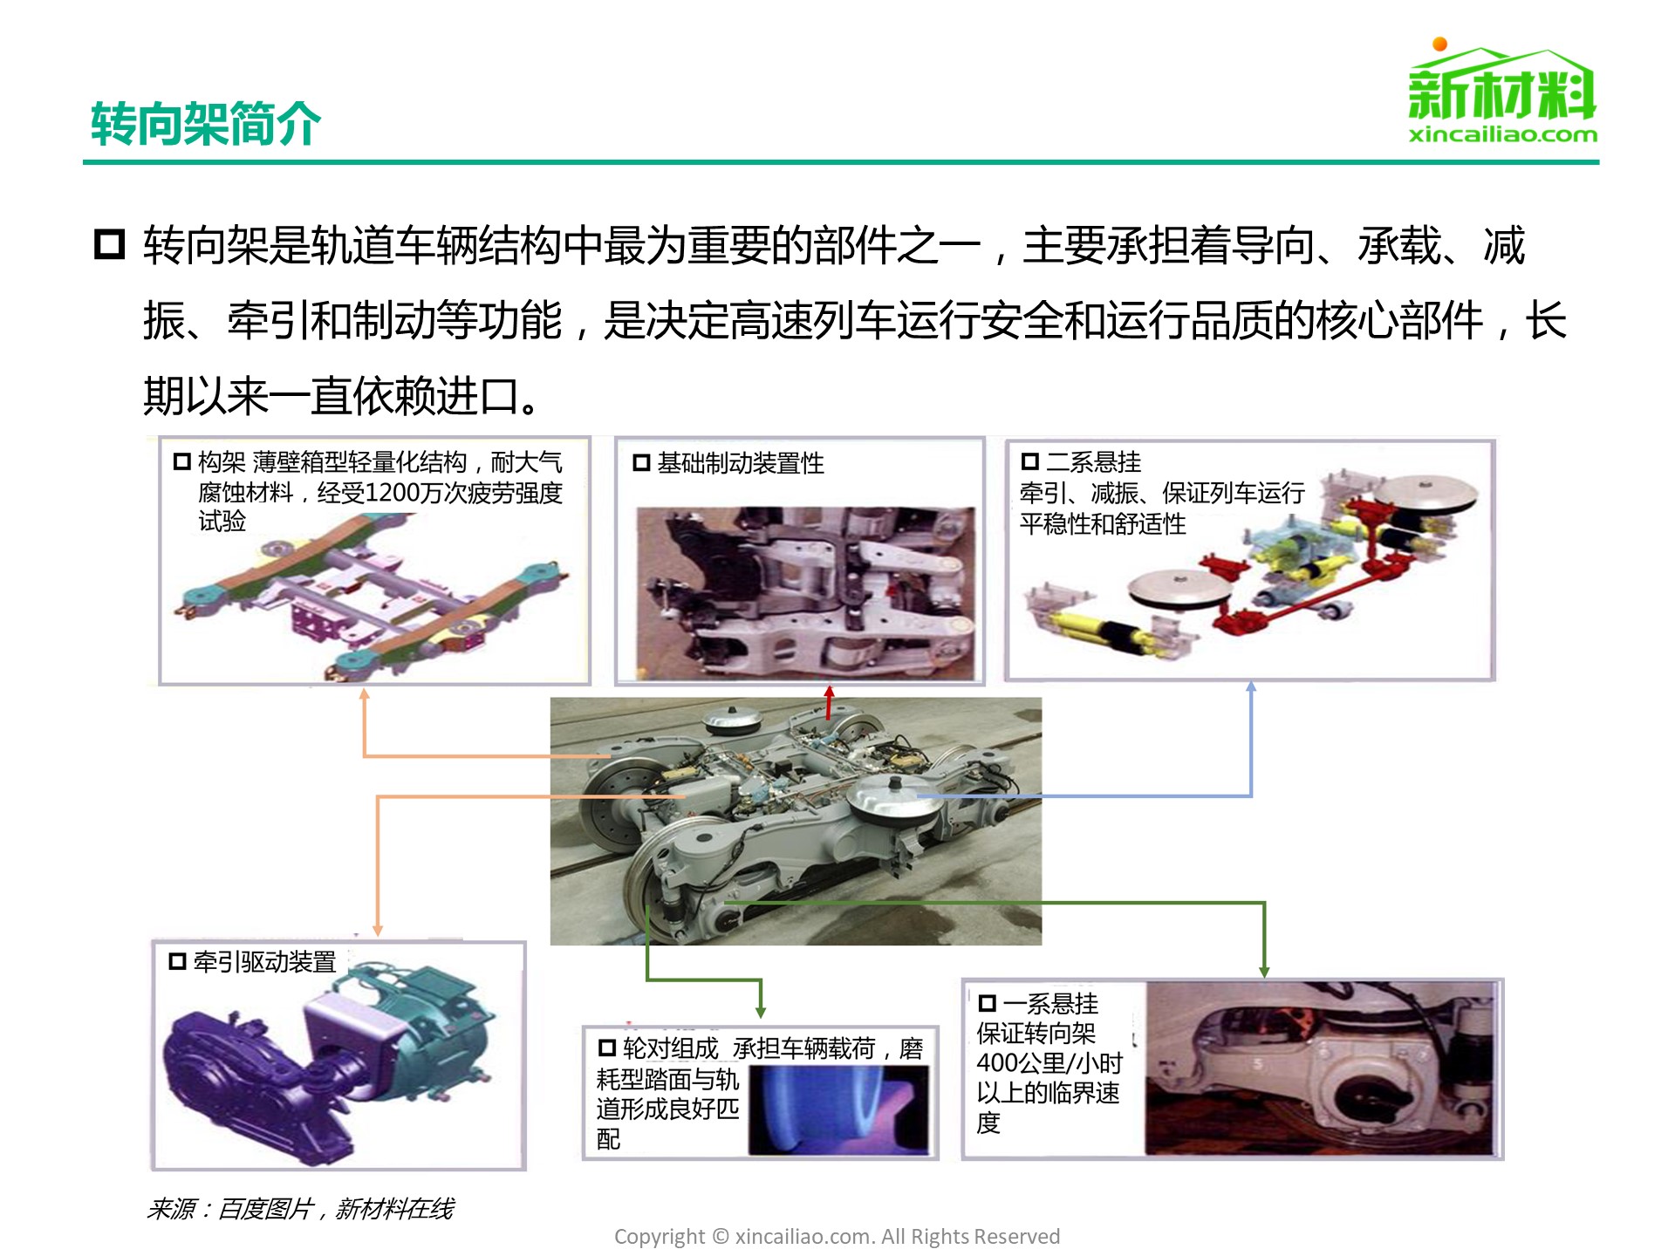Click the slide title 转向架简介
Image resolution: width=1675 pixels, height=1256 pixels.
206,123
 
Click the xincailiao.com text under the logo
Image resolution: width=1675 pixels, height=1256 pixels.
1503,134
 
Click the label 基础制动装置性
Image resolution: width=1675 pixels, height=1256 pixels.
741,462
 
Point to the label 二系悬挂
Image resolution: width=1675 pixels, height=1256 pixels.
1094,461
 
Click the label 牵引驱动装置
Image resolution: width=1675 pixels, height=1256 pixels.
264,961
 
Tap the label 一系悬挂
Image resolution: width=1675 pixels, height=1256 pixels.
1051,1003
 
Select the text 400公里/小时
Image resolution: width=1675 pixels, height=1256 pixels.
1049,1063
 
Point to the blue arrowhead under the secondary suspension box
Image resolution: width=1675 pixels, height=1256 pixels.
1251,687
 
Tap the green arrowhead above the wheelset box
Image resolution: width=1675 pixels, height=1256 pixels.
761,1011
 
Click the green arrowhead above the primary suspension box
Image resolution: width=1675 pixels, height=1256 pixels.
1264,971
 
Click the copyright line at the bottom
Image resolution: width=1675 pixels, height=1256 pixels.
837,1236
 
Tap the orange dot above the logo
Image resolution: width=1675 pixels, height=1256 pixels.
1440,44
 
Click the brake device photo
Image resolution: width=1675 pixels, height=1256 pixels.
805,593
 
